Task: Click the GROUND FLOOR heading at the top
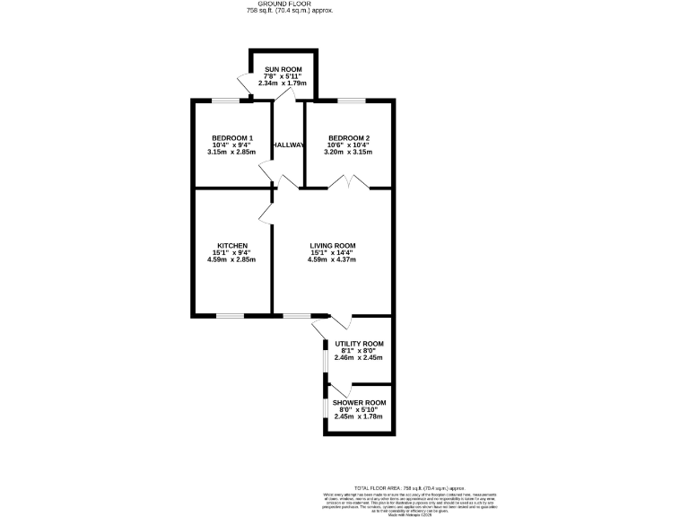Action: click(277, 4)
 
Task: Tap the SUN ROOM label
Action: click(283, 69)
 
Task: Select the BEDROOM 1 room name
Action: click(232, 137)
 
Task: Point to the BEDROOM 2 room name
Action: click(349, 137)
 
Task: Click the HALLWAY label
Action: click(289, 145)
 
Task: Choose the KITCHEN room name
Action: click(231, 245)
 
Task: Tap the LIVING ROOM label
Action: click(333, 245)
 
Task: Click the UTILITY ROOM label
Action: click(359, 344)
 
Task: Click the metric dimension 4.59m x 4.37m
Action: click(333, 260)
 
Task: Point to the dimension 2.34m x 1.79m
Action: click(283, 83)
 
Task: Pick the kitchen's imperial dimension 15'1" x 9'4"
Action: click(231, 252)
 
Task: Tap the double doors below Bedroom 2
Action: click(348, 182)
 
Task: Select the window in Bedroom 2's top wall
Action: click(350, 100)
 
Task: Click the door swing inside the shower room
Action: click(338, 392)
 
